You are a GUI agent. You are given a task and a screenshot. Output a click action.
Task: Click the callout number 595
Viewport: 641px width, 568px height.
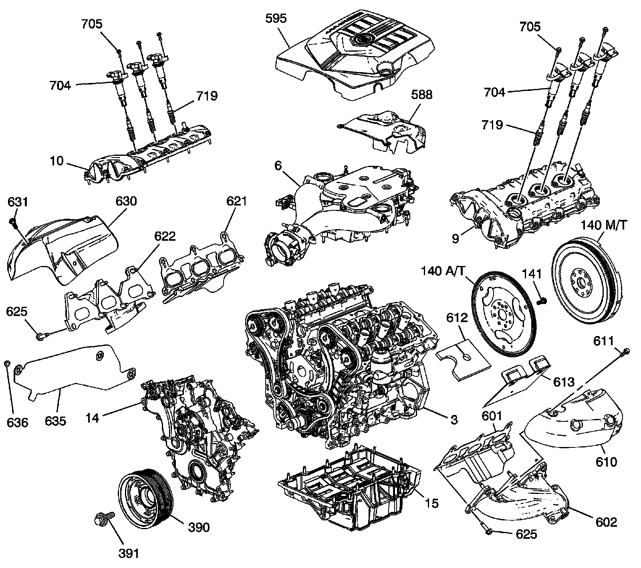[276, 19]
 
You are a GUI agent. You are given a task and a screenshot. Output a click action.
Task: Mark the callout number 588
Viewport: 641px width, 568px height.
[421, 95]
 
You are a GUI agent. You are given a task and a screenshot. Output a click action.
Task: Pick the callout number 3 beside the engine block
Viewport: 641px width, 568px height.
[454, 419]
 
